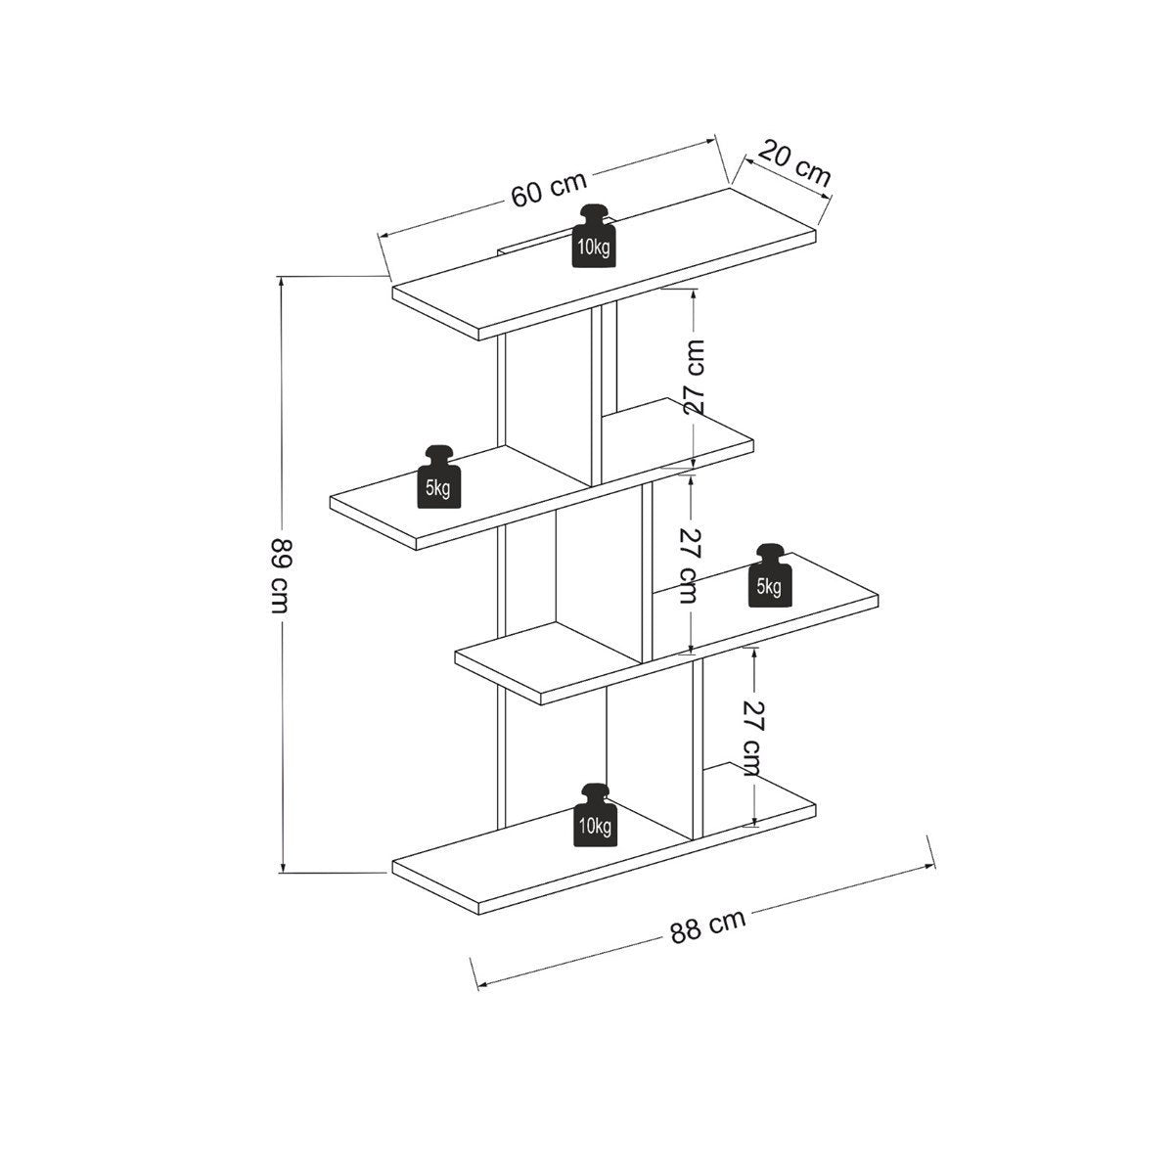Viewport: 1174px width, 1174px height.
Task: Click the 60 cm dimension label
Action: click(549, 188)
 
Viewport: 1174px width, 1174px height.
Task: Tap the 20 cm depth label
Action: click(795, 163)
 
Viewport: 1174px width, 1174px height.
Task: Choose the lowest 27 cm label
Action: click(753, 739)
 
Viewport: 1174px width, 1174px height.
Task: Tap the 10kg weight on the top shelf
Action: click(594, 236)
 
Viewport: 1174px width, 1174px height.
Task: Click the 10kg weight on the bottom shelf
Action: click(595, 815)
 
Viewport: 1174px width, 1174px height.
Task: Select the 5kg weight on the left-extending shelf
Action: click(439, 476)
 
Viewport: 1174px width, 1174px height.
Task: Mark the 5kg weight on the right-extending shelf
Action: click(771, 575)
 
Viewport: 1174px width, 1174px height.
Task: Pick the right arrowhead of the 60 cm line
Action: click(709, 141)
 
